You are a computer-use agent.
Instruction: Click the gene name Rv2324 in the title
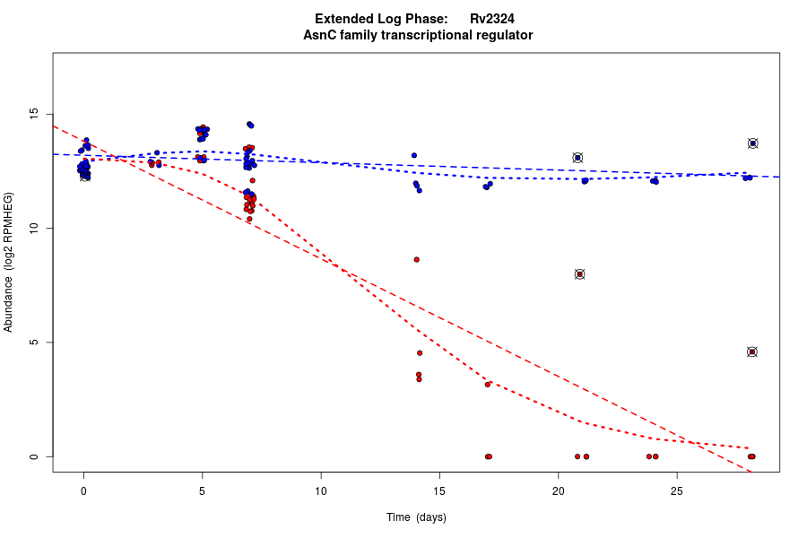[491, 19]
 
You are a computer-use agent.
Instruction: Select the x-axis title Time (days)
[416, 517]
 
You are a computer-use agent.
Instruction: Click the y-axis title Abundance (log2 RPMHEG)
[9, 262]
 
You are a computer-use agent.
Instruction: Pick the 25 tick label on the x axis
[676, 490]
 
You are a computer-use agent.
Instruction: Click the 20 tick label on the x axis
[558, 490]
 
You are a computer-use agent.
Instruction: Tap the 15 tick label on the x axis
[439, 490]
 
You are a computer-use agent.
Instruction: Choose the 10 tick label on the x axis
[320, 490]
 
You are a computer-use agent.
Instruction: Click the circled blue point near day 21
[577, 158]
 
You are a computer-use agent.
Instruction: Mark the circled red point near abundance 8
[580, 274]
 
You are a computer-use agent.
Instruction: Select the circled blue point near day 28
[753, 143]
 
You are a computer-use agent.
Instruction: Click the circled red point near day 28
[752, 351]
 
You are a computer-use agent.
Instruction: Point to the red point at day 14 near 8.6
[416, 259]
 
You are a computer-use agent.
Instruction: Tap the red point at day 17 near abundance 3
[488, 384]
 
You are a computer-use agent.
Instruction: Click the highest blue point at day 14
[414, 155]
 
